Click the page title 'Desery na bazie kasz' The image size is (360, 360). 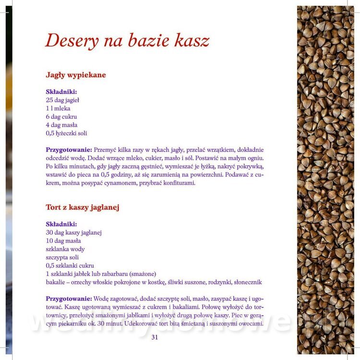pos(127,40)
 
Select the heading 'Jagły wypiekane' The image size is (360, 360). pos(76,75)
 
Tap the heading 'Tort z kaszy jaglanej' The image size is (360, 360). pos(83,207)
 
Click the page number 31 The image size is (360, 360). pos(155,337)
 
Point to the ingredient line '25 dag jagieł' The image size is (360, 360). pos(62,100)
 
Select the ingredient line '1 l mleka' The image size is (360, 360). pos(58,108)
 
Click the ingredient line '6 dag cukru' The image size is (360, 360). pos(61,117)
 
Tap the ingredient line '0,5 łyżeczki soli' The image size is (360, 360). pos(66,133)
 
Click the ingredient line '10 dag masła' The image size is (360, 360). pos(63,240)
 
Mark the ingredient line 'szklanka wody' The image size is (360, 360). pos(65,249)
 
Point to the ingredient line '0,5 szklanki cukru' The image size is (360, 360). pos(70,265)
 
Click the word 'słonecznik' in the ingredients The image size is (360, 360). pos(247,282)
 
